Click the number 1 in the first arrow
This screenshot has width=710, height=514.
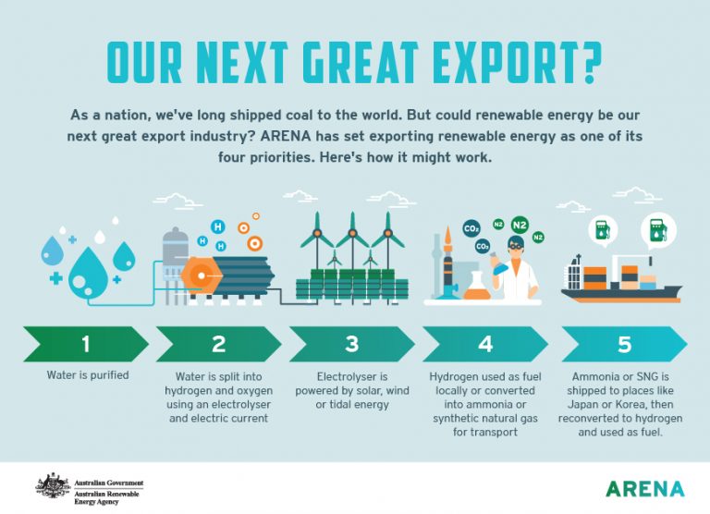(x=85, y=345)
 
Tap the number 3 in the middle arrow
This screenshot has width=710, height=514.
(x=351, y=345)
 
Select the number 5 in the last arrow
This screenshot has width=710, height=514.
(x=624, y=345)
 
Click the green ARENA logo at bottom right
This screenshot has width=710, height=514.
(x=644, y=488)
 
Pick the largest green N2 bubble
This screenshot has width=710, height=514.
(x=520, y=225)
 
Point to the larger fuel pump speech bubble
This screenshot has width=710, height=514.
(x=659, y=230)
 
